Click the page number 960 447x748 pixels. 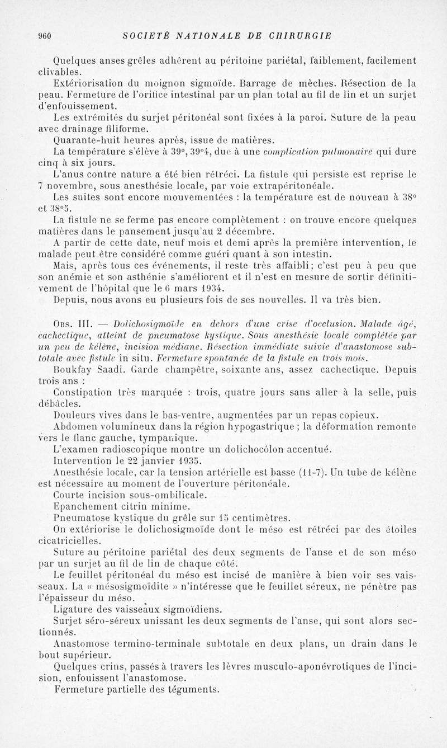pyautogui.click(x=45, y=36)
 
